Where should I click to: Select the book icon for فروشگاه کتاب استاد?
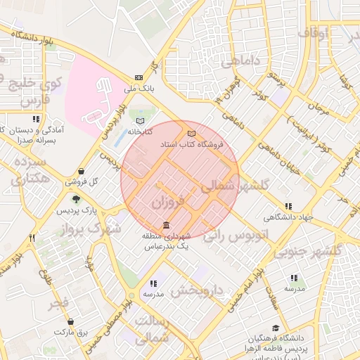coord(191,133)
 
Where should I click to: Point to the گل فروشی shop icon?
coord(82,171)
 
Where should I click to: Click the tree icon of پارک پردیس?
coord(76,200)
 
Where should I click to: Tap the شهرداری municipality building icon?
coord(165,226)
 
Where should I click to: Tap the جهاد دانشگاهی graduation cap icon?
coord(289,205)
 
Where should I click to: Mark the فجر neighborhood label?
coord(58,304)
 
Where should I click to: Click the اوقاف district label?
coord(314,32)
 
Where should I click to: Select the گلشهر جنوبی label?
coord(310,250)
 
